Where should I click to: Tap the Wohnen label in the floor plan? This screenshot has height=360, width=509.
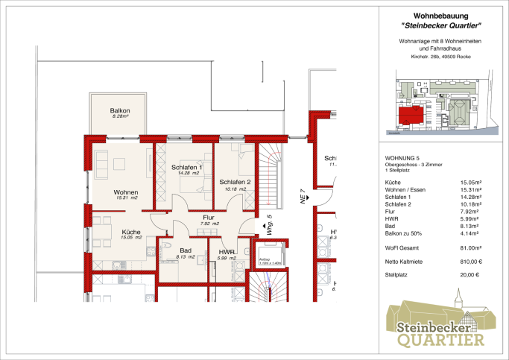click(126, 192)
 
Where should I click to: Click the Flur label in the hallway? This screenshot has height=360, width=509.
click(209, 217)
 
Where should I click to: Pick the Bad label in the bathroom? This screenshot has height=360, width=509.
click(186, 250)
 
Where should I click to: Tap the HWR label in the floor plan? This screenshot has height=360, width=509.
click(227, 253)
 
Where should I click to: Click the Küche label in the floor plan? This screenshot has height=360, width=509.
click(131, 232)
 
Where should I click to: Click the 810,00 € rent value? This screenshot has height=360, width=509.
click(470, 261)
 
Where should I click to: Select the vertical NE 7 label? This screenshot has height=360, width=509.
click(303, 195)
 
